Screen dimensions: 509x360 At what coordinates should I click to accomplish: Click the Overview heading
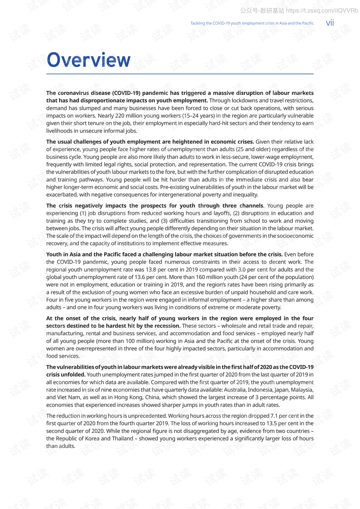pyautogui.click(x=89, y=60)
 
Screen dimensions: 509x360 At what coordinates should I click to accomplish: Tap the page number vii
pyautogui.click(x=330, y=23)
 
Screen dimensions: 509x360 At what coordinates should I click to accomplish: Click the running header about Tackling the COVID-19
pyautogui.click(x=252, y=23)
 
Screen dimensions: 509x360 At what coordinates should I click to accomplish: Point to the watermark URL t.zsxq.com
pyautogui.click(x=322, y=11)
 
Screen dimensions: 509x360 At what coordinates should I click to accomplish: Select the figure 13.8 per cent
pyautogui.click(x=162, y=269)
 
